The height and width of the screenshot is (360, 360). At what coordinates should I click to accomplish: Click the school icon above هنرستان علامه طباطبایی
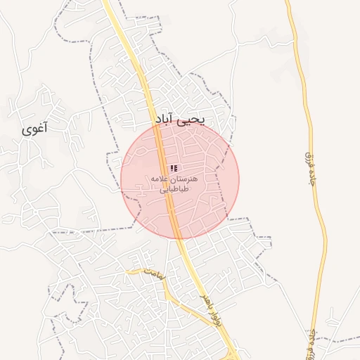coord(174,169)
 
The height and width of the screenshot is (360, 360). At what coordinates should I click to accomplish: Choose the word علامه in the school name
coord(159,179)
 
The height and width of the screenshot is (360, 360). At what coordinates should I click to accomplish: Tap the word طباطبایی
coord(174,189)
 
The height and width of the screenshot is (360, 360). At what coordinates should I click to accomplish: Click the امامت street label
coord(155,274)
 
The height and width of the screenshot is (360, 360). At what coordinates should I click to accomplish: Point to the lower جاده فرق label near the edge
coord(310,341)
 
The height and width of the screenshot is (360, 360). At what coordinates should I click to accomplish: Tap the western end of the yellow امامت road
coord(127,270)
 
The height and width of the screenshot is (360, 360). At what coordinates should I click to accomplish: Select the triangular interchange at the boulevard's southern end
coord(232,354)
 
